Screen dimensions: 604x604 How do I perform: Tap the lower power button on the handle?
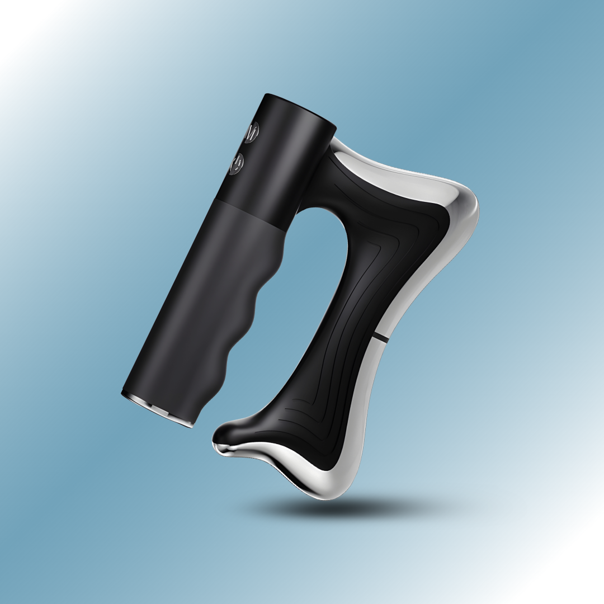click(237, 163)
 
